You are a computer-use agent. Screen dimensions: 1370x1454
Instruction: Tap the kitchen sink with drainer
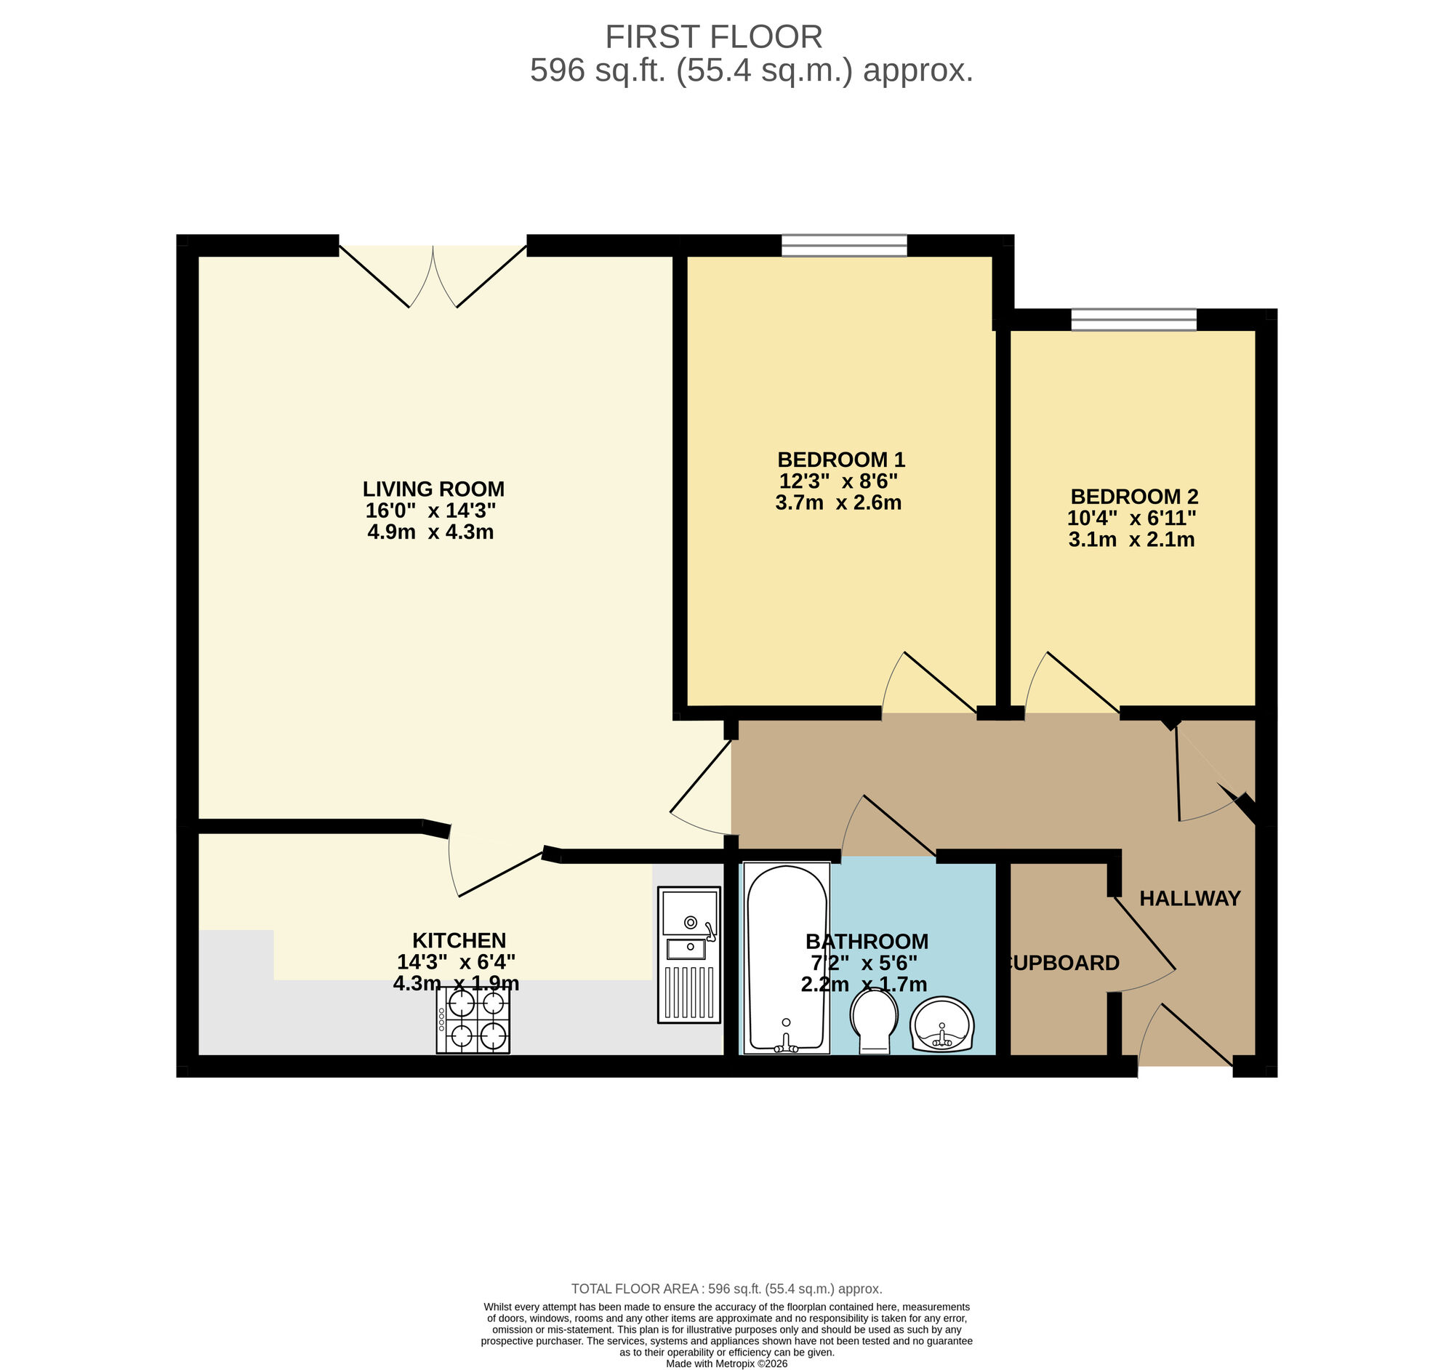coord(688,954)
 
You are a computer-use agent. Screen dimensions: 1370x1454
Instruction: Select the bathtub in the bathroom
coord(786,958)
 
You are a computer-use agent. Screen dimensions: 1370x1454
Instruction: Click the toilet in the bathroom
coord(874,1020)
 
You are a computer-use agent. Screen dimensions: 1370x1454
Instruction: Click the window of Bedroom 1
coord(844,246)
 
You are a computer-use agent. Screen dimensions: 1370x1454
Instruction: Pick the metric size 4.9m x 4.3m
coord(430,532)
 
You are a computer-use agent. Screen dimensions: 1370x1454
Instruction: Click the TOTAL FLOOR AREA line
coord(726,1289)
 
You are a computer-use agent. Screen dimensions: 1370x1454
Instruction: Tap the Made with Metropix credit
coord(726,1363)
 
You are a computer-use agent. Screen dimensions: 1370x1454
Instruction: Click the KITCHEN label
coord(459,940)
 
